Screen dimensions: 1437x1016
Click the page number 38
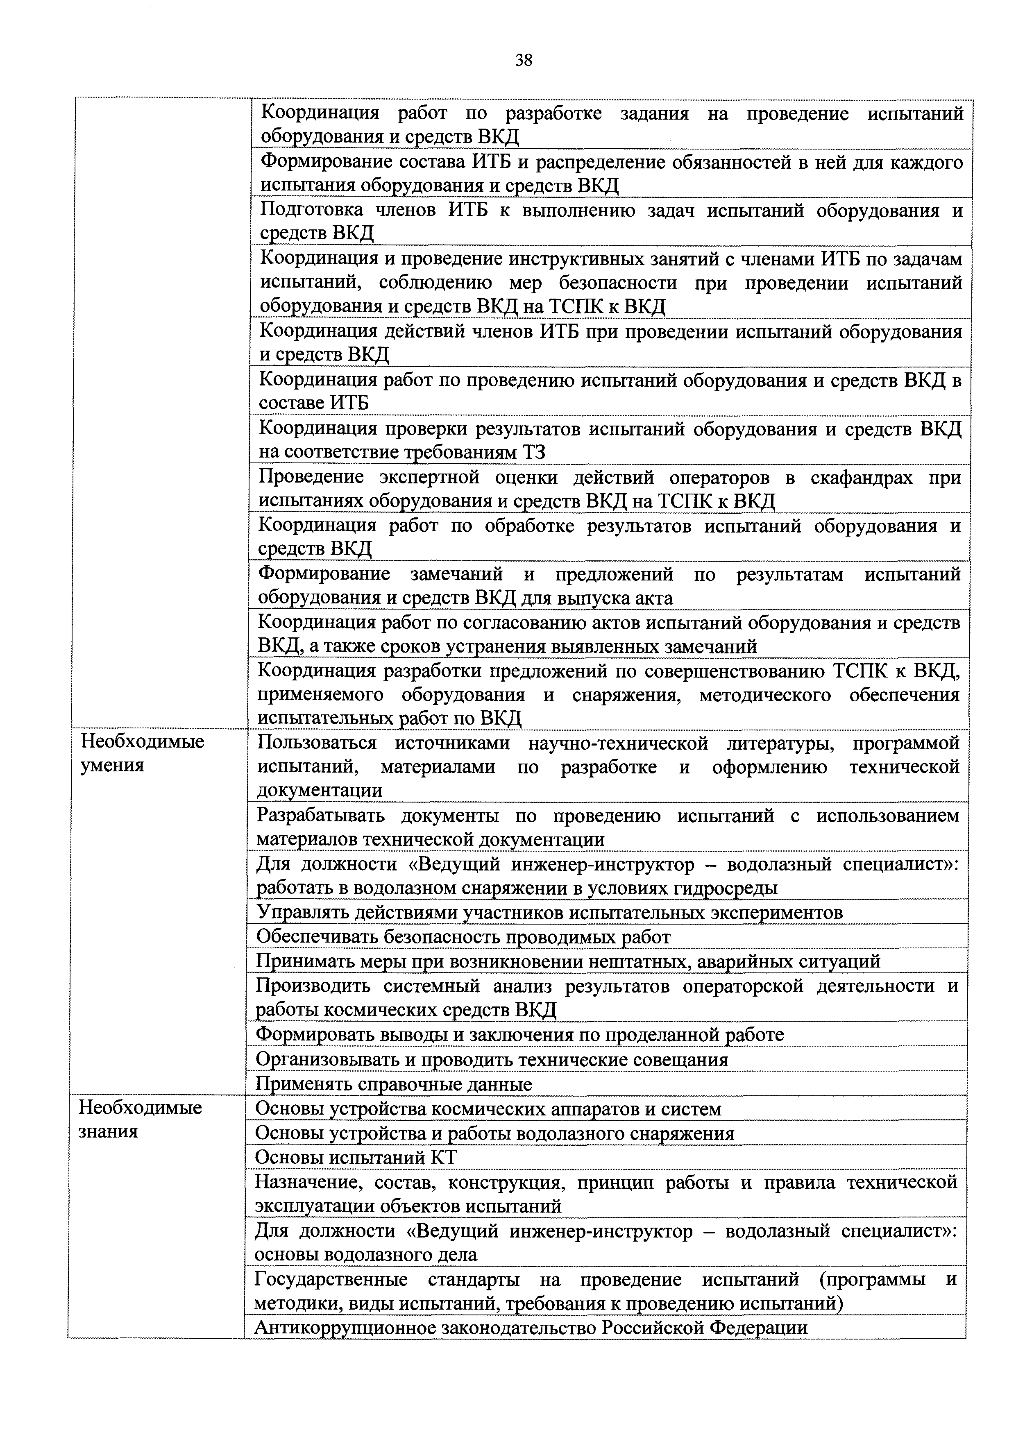point(523,60)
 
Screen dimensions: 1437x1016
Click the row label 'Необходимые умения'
point(143,754)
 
